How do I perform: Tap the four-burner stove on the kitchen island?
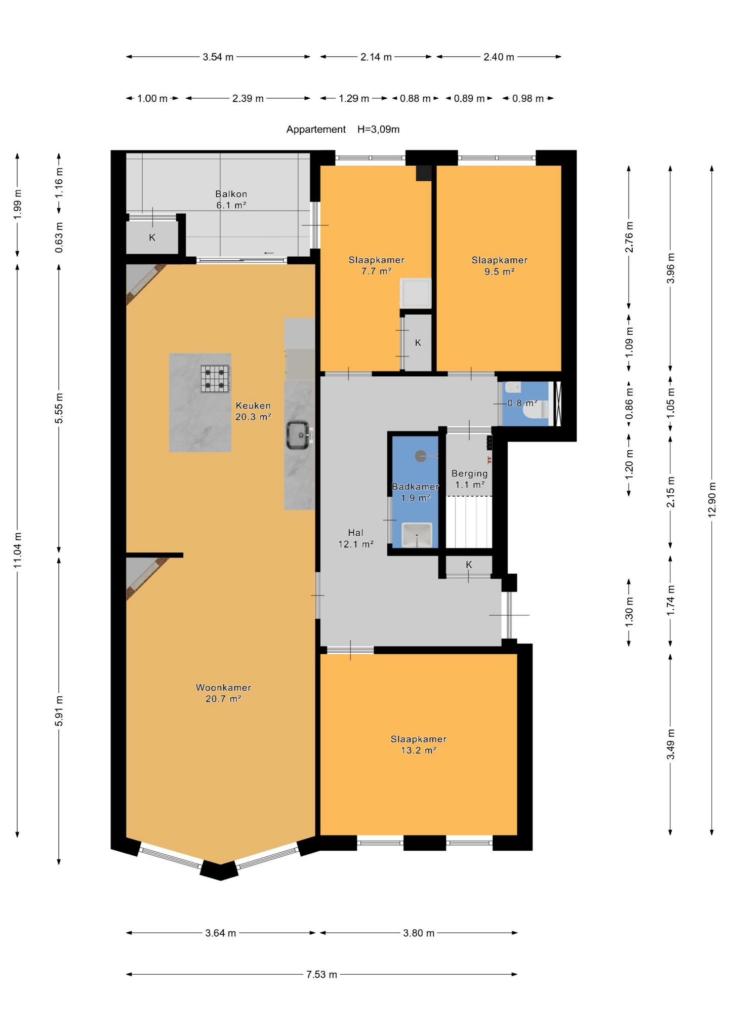pyautogui.click(x=216, y=379)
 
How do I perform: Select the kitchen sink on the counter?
pyautogui.click(x=299, y=435)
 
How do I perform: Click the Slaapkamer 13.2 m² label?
pyautogui.click(x=418, y=744)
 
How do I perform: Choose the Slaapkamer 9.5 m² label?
pyautogui.click(x=499, y=266)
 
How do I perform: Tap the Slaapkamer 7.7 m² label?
pyautogui.click(x=376, y=265)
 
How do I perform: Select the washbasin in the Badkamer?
pyautogui.click(x=417, y=535)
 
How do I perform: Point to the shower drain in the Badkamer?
pyautogui.click(x=421, y=456)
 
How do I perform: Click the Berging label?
pyautogui.click(x=469, y=474)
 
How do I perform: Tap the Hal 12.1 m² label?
pyautogui.click(x=355, y=538)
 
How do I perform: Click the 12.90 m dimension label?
pyautogui.click(x=712, y=498)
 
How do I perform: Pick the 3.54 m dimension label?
pyautogui.click(x=218, y=57)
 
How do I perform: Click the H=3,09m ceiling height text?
pyautogui.click(x=378, y=130)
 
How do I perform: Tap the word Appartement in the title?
pyautogui.click(x=316, y=130)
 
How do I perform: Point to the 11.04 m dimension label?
pyautogui.click(x=17, y=550)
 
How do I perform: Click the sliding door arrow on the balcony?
pyautogui.click(x=268, y=253)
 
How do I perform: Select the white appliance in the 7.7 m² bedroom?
pyautogui.click(x=416, y=293)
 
